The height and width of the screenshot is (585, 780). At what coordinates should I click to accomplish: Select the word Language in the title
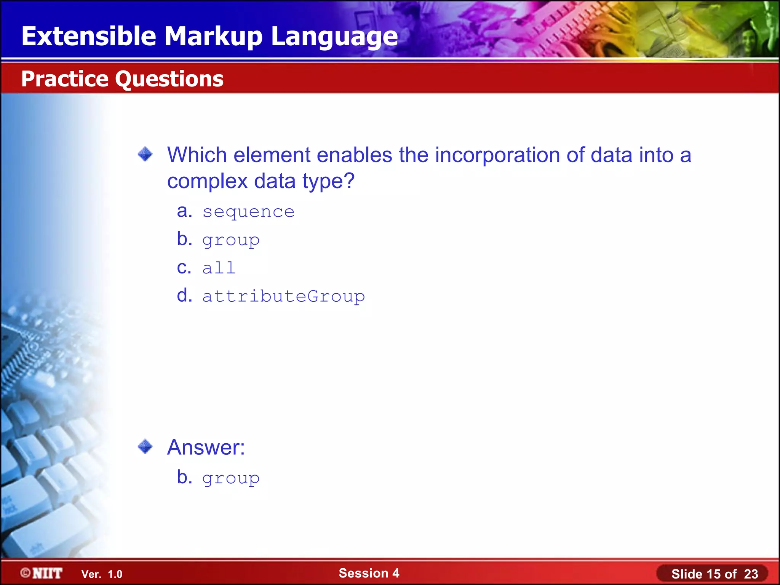(334, 37)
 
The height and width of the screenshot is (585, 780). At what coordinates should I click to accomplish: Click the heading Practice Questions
(122, 79)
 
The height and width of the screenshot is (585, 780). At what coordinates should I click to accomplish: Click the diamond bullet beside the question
(145, 154)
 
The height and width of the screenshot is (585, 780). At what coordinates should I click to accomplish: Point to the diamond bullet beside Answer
(145, 446)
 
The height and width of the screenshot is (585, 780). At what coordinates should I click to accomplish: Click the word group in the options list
(231, 240)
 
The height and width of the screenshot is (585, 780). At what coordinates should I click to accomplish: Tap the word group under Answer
(231, 478)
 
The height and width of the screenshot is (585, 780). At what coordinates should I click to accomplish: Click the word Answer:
(206, 447)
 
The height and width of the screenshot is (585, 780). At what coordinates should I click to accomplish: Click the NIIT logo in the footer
(42, 573)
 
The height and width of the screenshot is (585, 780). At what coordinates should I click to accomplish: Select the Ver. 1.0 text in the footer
(102, 574)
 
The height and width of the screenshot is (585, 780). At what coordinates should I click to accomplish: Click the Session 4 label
(369, 573)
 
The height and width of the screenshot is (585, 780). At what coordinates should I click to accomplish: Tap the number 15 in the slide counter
(713, 574)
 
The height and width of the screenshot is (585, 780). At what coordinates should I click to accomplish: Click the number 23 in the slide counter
(751, 574)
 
